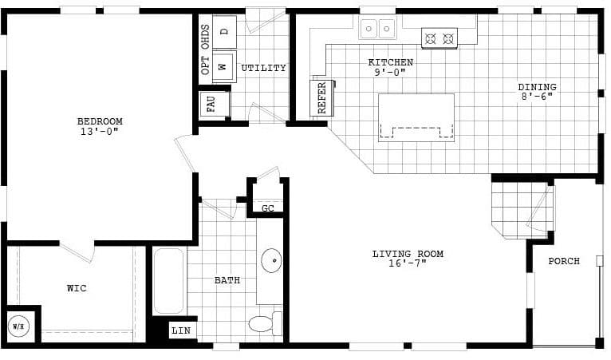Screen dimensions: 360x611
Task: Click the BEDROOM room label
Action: (x=100, y=121)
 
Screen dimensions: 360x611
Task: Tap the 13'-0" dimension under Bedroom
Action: (x=100, y=132)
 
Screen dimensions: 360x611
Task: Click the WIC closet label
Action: (x=77, y=288)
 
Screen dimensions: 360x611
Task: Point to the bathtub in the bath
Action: (x=168, y=281)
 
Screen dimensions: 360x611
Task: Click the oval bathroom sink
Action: (x=271, y=260)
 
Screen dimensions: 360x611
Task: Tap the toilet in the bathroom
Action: (x=262, y=323)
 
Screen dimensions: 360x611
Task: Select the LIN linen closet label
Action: (x=183, y=330)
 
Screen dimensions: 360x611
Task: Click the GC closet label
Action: (x=268, y=208)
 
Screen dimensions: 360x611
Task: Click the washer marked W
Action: (x=223, y=65)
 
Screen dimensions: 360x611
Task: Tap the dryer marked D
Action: (x=224, y=31)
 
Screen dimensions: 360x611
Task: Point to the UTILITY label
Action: (x=263, y=68)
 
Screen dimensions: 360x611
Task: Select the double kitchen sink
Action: (x=377, y=30)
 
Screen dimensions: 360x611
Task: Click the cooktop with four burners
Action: (x=439, y=38)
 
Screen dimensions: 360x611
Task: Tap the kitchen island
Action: (x=416, y=117)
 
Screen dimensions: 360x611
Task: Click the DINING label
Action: (x=537, y=87)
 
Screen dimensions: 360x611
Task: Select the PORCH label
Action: (x=564, y=261)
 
